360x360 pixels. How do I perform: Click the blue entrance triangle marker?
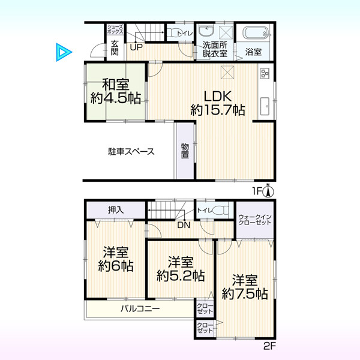click(63, 52)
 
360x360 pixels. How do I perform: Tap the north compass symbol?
click(268, 190)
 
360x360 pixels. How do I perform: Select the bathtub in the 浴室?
click(257, 33)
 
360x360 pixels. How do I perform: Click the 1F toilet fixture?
click(173, 32)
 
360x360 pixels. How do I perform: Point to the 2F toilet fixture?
click(221, 210)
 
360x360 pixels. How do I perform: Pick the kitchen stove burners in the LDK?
click(265, 73)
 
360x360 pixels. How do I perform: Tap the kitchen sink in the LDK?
click(265, 106)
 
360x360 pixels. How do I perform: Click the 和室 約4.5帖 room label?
click(116, 92)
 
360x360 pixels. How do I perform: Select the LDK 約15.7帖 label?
click(218, 103)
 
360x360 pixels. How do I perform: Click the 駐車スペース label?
click(131, 152)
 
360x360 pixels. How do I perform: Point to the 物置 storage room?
click(185, 151)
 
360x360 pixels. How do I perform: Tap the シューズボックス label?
click(115, 29)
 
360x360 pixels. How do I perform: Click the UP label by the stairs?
click(136, 47)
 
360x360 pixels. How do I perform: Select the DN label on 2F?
click(184, 225)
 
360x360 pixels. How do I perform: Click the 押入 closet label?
click(116, 210)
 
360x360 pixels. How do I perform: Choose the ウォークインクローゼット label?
click(255, 220)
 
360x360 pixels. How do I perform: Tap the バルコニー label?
click(140, 308)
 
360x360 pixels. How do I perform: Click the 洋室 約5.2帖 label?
click(181, 269)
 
